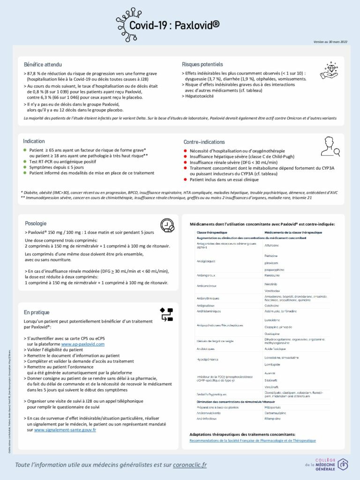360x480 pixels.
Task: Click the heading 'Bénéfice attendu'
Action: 43,64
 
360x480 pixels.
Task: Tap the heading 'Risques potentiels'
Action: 202,64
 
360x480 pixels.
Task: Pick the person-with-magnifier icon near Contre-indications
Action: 330,147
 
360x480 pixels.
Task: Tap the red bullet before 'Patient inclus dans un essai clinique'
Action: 186,180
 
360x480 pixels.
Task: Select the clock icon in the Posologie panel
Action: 167,225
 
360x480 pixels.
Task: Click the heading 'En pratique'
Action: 37,312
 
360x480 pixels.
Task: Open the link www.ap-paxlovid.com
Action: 83,344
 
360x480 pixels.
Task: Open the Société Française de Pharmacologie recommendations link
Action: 253,441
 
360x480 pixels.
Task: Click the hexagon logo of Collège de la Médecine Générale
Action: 343,464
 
